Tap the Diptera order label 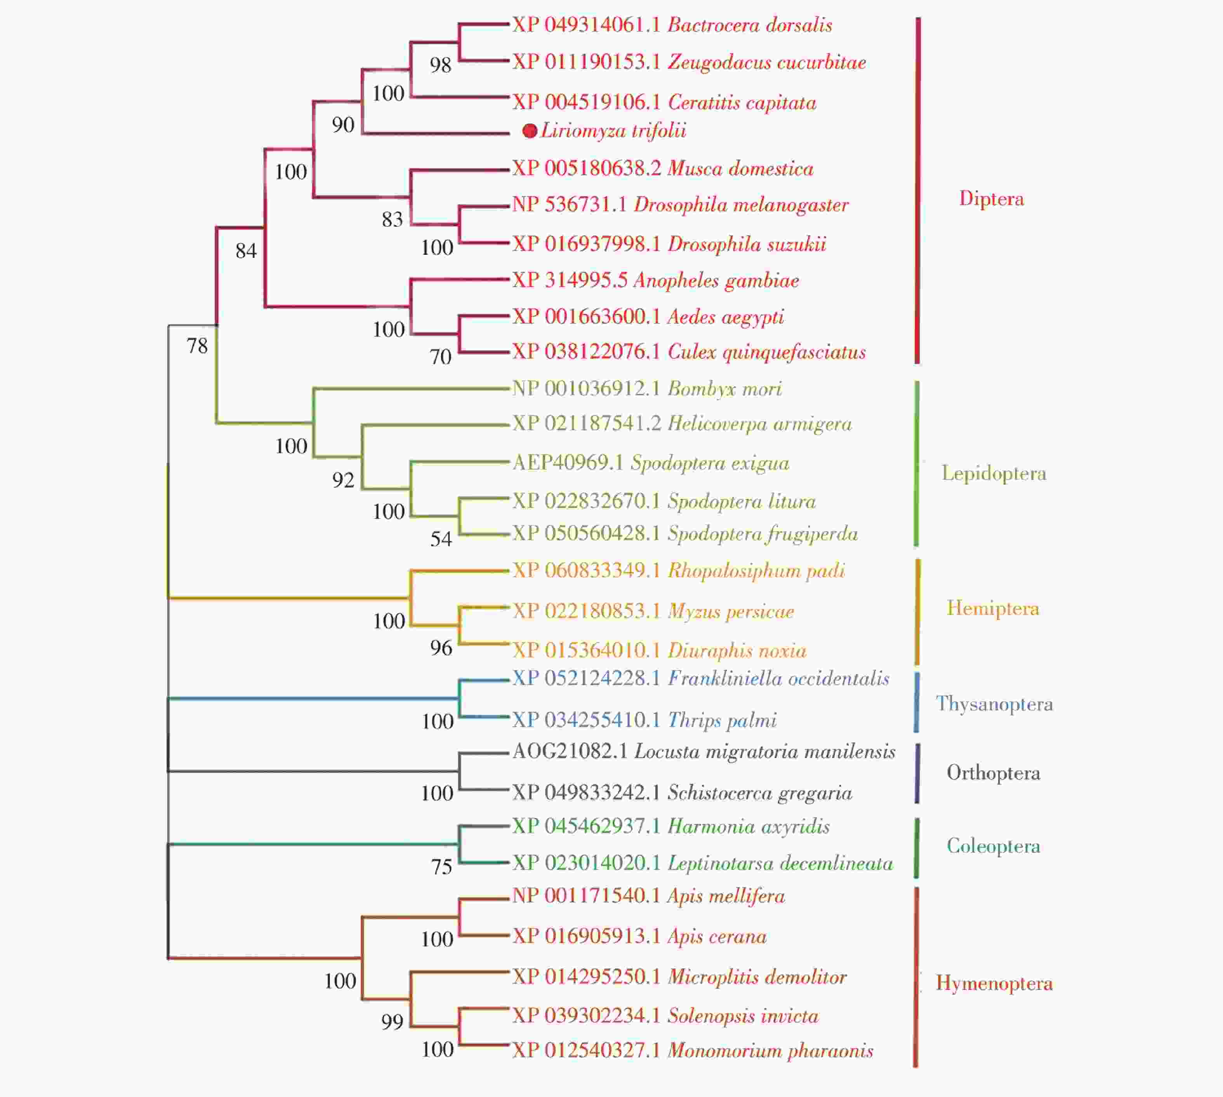(x=992, y=199)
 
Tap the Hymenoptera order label (x=994, y=984)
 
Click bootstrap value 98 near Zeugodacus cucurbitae (x=441, y=65)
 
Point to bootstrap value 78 (x=197, y=346)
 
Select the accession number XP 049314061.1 (x=586, y=25)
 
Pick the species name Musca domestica (x=740, y=169)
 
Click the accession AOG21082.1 (x=570, y=752)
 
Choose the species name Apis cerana (x=717, y=937)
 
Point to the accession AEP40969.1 (x=567, y=463)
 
